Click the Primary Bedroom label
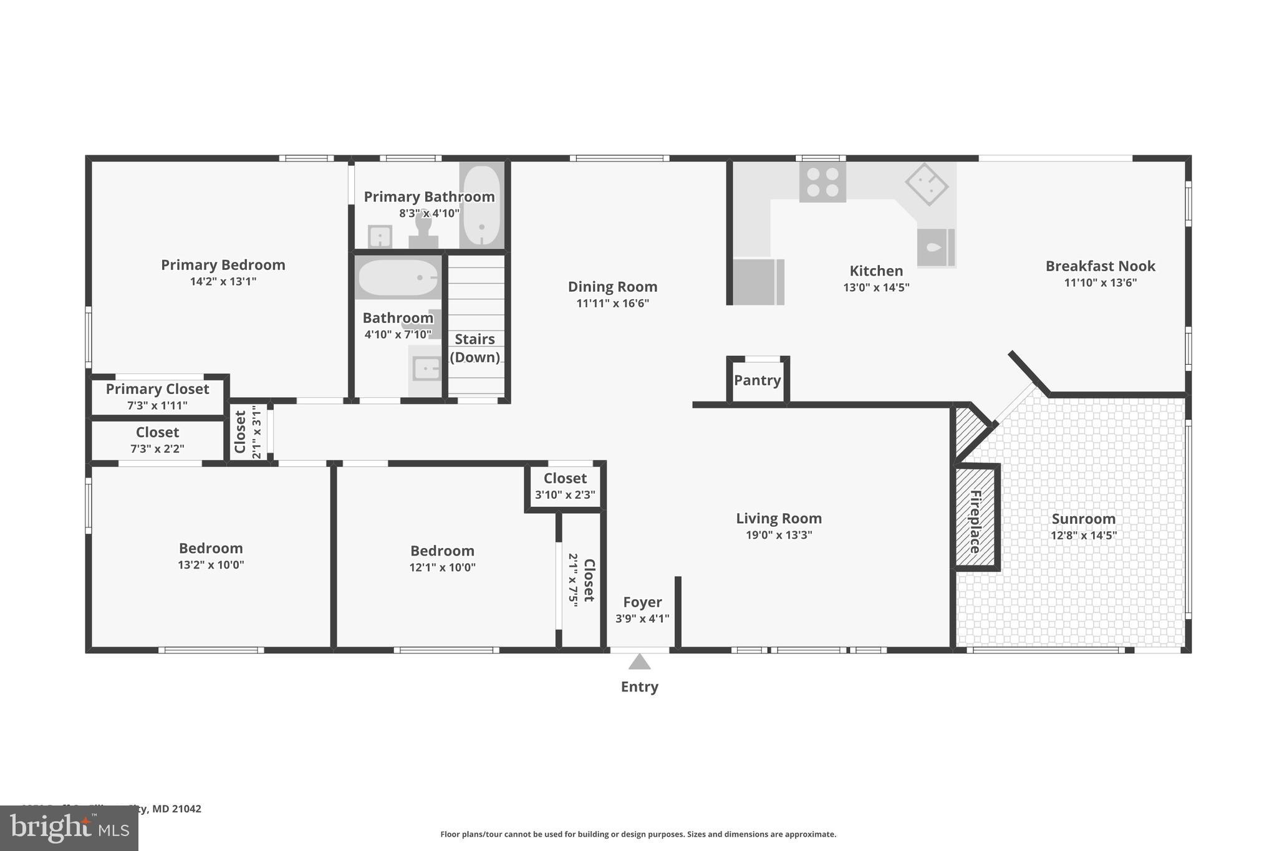(223, 265)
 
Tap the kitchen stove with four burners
(822, 182)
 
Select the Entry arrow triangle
(639, 661)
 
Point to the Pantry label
(757, 380)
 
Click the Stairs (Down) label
(475, 348)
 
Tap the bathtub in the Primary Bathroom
(481, 205)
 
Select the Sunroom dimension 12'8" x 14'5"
(1083, 535)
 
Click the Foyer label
(642, 602)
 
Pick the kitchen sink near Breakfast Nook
(935, 248)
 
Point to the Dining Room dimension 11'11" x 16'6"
(612, 304)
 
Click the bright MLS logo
(69, 828)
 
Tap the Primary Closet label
(157, 389)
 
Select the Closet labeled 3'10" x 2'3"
(565, 486)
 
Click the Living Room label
(779, 518)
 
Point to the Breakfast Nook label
(1100, 266)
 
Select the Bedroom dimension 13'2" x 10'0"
(211, 565)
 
